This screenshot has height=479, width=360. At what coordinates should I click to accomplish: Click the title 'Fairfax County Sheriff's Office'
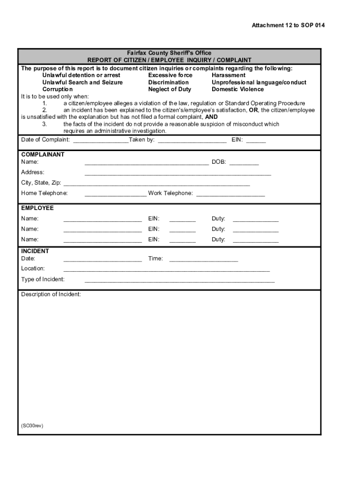(x=169, y=53)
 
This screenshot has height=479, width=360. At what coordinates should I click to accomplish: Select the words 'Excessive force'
(x=170, y=75)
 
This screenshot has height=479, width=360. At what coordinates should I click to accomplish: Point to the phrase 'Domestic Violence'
(x=238, y=89)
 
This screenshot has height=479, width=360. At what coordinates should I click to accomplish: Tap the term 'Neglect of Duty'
(x=169, y=89)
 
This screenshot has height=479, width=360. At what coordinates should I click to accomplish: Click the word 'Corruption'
(x=58, y=89)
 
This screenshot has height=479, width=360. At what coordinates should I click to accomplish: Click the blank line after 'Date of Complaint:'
(x=101, y=140)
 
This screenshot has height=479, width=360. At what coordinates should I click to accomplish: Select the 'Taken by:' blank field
(x=192, y=140)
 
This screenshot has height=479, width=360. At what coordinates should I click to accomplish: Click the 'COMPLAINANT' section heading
(x=43, y=154)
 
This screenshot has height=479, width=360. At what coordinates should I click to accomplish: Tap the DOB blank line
(x=244, y=163)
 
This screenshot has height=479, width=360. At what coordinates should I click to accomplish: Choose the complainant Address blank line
(x=178, y=173)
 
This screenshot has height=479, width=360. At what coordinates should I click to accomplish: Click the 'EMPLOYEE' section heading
(x=37, y=208)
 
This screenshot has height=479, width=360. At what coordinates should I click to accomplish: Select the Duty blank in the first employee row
(x=255, y=219)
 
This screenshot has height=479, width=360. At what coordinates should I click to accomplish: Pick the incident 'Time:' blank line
(x=203, y=259)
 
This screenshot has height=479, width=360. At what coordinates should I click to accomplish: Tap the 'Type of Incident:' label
(x=43, y=280)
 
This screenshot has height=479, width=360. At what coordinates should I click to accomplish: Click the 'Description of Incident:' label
(x=51, y=294)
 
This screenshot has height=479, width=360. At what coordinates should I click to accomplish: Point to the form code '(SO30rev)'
(x=32, y=426)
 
